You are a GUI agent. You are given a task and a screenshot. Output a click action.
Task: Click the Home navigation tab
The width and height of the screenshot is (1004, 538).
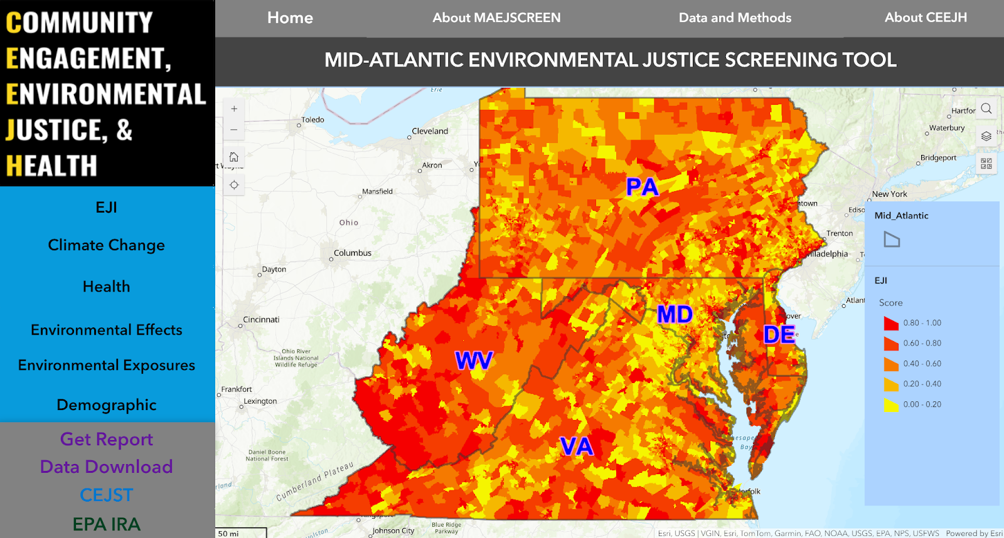(x=290, y=18)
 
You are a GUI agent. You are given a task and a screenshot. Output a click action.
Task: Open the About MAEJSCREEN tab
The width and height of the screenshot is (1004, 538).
(x=496, y=18)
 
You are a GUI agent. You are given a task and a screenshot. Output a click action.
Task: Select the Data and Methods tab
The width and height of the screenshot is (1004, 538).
(x=735, y=18)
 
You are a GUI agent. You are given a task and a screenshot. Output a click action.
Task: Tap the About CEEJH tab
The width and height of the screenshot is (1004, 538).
(x=926, y=18)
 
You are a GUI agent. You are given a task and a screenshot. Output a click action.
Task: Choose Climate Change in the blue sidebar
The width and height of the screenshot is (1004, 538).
(x=107, y=245)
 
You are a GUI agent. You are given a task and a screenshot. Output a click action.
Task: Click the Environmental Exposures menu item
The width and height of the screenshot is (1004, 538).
(x=107, y=365)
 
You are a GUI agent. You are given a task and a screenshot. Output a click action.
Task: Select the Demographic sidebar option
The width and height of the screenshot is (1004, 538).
(x=107, y=405)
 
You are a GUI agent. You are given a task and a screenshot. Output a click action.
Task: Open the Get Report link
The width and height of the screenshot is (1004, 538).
(x=107, y=439)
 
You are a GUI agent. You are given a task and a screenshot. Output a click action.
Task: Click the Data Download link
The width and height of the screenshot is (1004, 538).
(x=107, y=467)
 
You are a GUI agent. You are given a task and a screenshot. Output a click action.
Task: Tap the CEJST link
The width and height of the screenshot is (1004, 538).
(x=107, y=495)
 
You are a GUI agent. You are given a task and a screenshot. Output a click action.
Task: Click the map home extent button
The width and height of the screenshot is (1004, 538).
(x=234, y=157)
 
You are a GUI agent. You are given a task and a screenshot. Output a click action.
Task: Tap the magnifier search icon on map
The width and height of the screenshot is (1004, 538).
(x=986, y=108)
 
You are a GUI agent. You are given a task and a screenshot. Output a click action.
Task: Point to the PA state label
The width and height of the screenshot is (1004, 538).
(x=642, y=187)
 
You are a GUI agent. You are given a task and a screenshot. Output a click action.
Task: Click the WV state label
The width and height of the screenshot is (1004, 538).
(x=474, y=361)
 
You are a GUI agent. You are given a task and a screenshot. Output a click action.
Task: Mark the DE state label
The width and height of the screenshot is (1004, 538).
(x=779, y=335)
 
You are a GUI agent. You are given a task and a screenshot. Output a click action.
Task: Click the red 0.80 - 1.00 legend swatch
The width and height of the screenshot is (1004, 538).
(x=890, y=324)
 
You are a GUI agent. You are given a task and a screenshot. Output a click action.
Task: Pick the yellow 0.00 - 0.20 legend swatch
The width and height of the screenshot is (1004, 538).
(x=890, y=405)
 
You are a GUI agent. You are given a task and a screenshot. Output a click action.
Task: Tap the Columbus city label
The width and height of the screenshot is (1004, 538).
(x=353, y=253)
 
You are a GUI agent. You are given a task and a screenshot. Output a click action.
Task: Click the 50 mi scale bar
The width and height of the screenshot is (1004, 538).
(x=241, y=533)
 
